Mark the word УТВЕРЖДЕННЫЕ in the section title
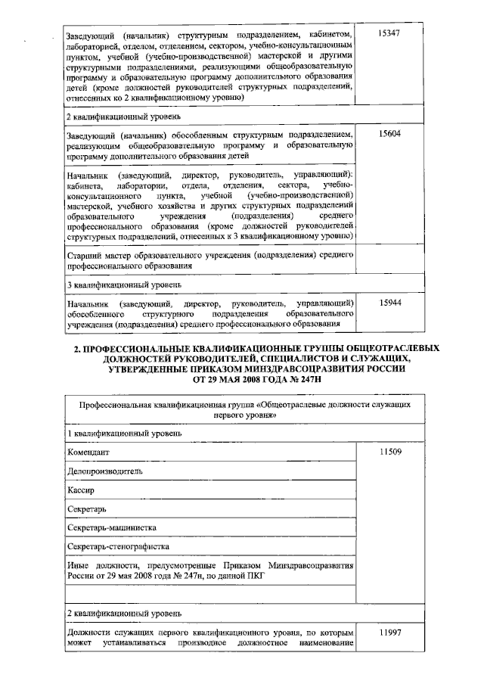point(142,369)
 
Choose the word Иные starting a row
point(79,565)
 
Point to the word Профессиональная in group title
point(118,405)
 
